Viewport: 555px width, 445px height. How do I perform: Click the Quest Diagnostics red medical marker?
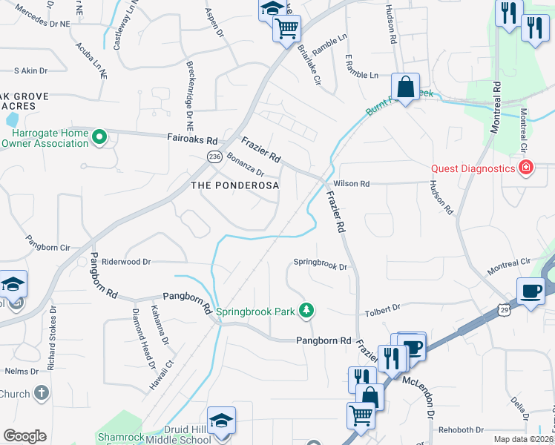click(526, 168)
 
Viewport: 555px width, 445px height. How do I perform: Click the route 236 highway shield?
click(214, 156)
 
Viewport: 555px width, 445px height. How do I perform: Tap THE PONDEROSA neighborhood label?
click(235, 185)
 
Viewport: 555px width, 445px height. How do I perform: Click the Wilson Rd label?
click(352, 183)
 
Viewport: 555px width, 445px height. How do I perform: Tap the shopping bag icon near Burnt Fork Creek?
click(406, 87)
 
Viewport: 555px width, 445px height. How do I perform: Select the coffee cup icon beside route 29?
click(531, 291)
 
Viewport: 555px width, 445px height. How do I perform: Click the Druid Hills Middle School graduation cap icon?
click(222, 420)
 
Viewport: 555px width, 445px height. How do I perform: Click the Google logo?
click(24, 436)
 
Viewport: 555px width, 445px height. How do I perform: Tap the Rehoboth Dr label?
click(461, 429)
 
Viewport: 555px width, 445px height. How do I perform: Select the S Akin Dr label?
click(30, 71)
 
